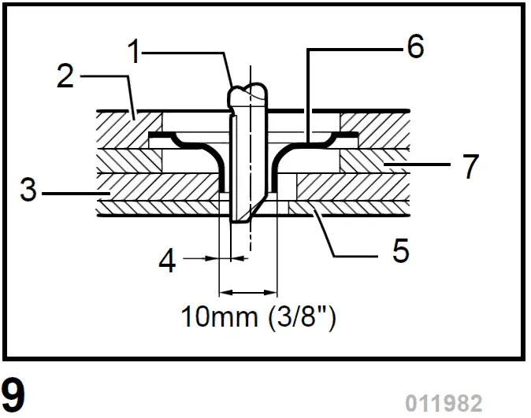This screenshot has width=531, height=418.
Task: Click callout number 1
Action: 135,53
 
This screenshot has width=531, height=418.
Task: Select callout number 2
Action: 66,77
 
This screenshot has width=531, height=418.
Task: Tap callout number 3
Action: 29,191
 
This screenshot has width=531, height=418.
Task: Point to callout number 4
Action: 167,261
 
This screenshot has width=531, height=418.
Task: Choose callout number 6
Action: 414,46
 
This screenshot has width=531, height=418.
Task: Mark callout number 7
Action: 470,166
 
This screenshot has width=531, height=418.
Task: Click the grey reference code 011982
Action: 444,403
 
